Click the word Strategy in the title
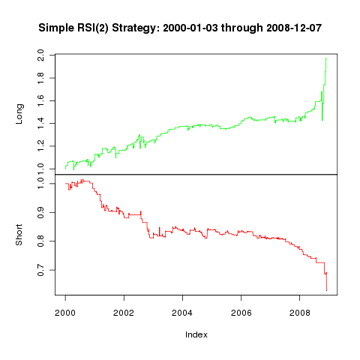click(x=134, y=28)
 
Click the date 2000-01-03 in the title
click(x=190, y=28)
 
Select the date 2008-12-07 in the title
click(x=294, y=28)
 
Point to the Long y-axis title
click(x=19, y=114)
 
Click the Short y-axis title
click(x=19, y=235)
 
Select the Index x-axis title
click(x=196, y=334)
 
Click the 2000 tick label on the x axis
click(x=65, y=313)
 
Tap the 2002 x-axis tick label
click(x=124, y=313)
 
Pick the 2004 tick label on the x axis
click(x=182, y=313)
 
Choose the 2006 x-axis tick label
click(x=241, y=313)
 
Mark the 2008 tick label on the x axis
click(x=300, y=313)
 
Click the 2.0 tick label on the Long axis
click(x=40, y=55)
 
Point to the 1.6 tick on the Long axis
click(x=40, y=100)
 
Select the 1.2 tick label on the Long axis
click(x=40, y=146)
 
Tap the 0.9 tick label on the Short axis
click(x=40, y=212)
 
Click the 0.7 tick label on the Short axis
click(x=40, y=270)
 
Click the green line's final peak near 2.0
click(x=326, y=58)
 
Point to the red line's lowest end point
click(x=327, y=290)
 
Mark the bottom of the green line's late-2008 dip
click(x=322, y=121)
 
